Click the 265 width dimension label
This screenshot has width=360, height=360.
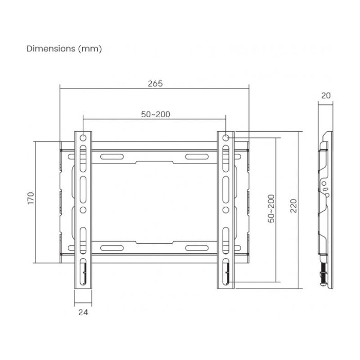point(155,83)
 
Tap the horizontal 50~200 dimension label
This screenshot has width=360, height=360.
point(155,114)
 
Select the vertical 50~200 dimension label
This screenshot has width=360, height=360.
point(271,208)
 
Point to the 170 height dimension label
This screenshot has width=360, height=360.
point(30,198)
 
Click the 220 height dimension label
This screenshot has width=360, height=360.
point(294,206)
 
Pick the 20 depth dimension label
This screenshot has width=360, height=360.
point(326,95)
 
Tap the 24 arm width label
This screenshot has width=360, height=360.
point(83,312)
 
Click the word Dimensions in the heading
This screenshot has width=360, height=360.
point(51,49)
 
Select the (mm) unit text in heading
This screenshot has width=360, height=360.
point(90,49)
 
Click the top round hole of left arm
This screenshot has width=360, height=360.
point(83,138)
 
